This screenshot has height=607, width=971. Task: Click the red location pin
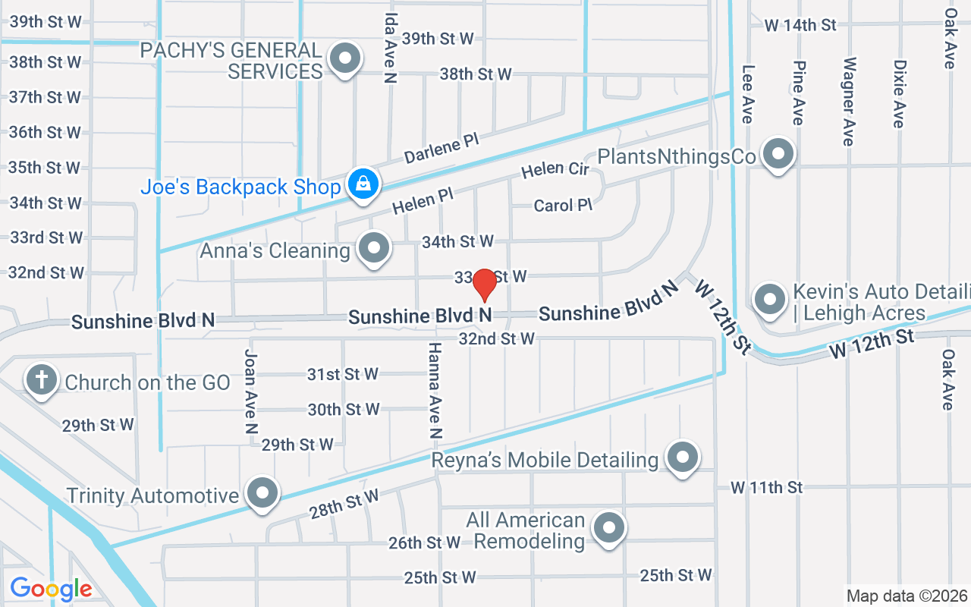tap(485, 285)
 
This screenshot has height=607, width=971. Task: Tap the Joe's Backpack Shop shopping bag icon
tap(363, 184)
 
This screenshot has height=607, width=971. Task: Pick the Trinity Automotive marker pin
tap(263, 493)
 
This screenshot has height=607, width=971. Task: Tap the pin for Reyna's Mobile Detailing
tap(682, 458)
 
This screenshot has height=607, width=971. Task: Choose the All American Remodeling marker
tap(608, 527)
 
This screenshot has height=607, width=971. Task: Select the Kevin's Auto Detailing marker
tap(771, 299)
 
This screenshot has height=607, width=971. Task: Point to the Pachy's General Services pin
tap(346, 58)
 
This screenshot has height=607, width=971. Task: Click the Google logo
tap(52, 589)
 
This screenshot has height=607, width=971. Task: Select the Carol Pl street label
tap(562, 206)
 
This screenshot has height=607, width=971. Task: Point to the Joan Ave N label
tap(250, 391)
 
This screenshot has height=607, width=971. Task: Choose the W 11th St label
tap(766, 487)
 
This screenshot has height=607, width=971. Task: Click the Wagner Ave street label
tap(848, 101)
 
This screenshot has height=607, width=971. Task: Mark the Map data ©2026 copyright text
tap(907, 596)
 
